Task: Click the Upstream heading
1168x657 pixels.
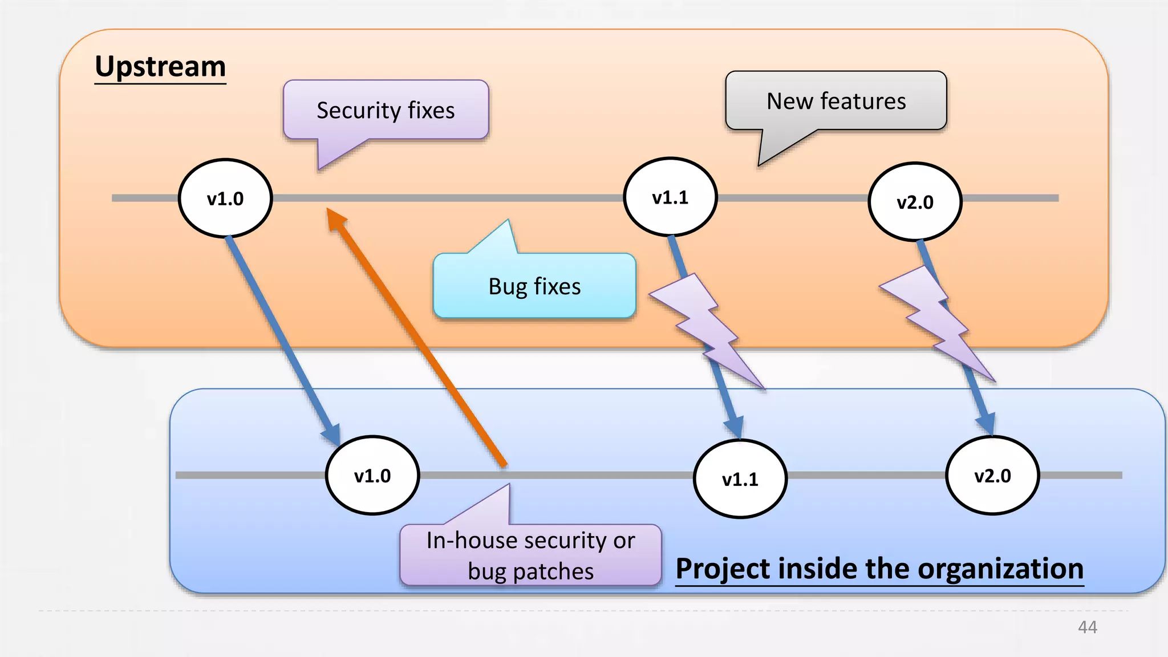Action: point(160,67)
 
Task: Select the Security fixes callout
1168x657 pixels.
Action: point(386,110)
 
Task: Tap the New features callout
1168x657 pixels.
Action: point(836,101)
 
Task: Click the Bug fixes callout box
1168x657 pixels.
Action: point(534,286)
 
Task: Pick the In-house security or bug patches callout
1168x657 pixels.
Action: point(530,555)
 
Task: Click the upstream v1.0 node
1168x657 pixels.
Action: point(225,198)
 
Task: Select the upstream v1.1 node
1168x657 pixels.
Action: point(670,197)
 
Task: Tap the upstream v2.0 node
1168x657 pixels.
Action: point(915,202)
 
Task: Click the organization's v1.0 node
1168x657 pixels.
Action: point(372,476)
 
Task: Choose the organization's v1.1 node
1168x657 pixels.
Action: point(740,479)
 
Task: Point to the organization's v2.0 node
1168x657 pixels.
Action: point(992,476)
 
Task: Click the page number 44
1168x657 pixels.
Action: point(1087,627)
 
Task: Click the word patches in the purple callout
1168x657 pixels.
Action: point(553,571)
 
